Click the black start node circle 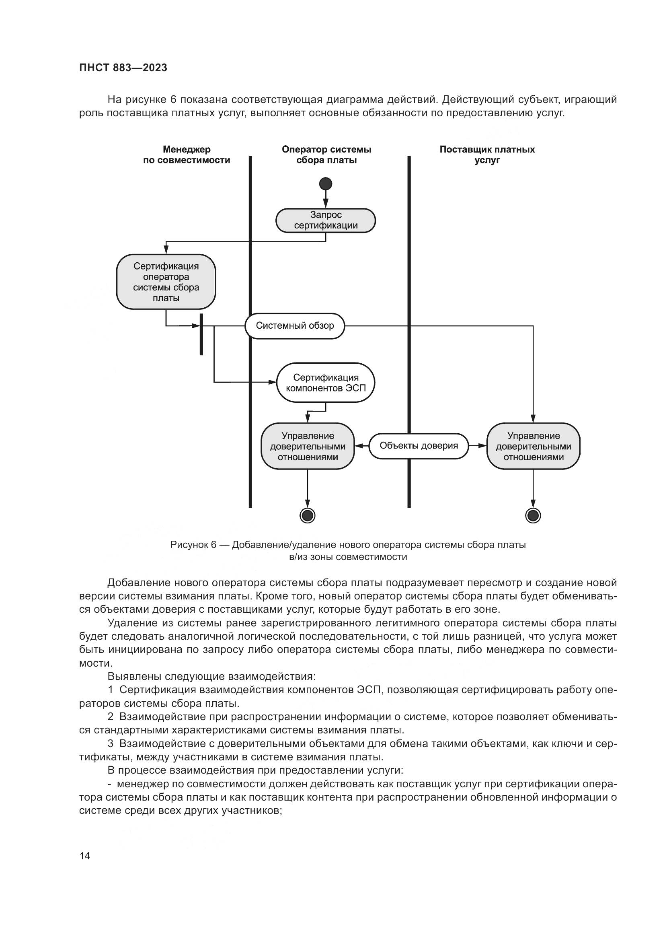coord(326,183)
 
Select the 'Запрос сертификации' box coord(326,220)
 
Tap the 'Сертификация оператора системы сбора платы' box coord(166,282)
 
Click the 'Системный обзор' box coord(295,326)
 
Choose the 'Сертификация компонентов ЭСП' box coord(326,383)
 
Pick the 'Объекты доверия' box coord(419,446)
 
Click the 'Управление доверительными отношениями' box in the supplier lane coord(533,446)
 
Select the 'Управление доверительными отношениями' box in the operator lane coord(308,446)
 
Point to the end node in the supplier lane coord(533,516)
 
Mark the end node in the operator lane coord(308,516)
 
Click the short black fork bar coord(201,334)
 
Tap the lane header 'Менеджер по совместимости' coord(186,155)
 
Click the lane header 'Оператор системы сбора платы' coord(326,155)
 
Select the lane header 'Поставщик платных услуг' coord(487,155)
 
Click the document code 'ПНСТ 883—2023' coord(123,68)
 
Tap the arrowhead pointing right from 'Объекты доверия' coord(482,446)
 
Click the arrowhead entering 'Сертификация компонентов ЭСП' coord(272,382)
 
